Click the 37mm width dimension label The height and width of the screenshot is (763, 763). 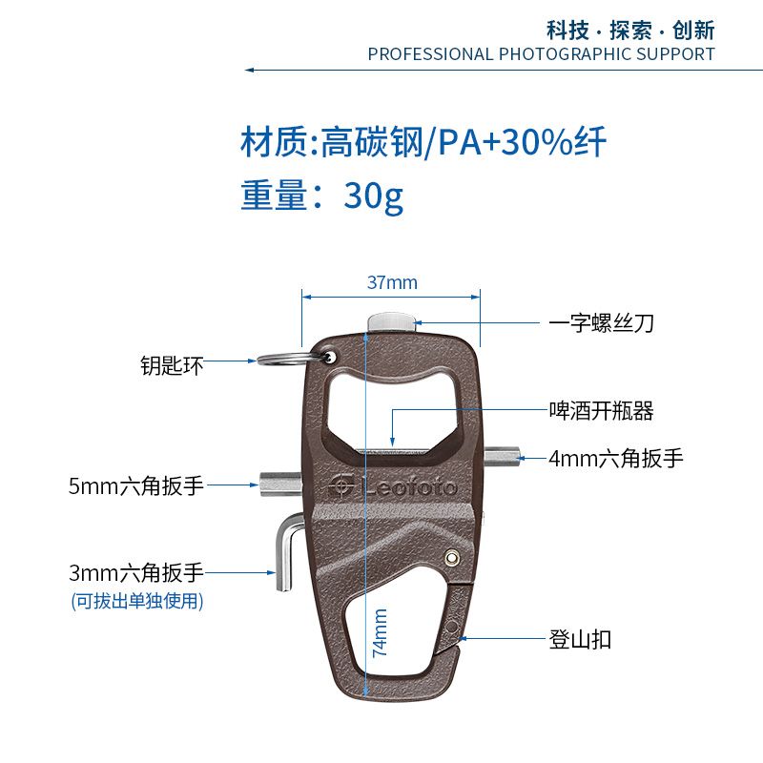click(392, 283)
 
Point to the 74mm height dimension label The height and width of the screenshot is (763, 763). click(380, 633)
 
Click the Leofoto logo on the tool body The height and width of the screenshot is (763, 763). click(391, 485)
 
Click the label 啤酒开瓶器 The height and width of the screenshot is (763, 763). click(600, 411)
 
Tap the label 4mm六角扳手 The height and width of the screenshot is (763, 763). click(616, 458)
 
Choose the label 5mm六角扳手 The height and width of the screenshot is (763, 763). click(136, 485)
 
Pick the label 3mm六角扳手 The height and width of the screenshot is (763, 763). click(136, 573)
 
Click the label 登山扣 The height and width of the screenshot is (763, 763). click(579, 639)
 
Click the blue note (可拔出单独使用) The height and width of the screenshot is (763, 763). click(136, 601)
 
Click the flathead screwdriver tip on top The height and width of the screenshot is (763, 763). click(391, 321)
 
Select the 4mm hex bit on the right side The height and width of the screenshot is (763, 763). click(504, 457)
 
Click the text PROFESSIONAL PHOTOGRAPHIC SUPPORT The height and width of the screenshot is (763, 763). click(541, 53)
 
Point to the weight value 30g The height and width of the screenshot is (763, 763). click(374, 196)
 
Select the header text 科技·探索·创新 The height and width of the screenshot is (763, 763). click(629, 29)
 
